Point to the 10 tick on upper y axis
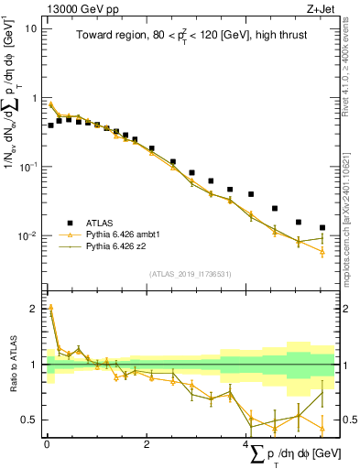tap(31, 28)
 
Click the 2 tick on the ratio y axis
tap(34, 309)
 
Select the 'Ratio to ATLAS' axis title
tap(13, 365)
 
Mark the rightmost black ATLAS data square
tap(322, 227)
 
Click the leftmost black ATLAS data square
tap(50, 125)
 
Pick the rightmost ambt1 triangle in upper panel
tap(322, 251)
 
